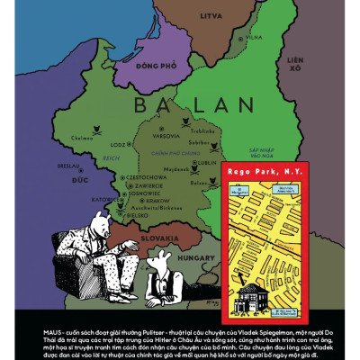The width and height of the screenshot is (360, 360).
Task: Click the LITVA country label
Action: tap(211, 15)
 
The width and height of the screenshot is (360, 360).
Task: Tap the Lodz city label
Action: tap(118, 143)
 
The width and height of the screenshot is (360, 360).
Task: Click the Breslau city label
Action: tap(68, 166)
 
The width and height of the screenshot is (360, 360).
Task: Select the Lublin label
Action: tap(209, 163)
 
